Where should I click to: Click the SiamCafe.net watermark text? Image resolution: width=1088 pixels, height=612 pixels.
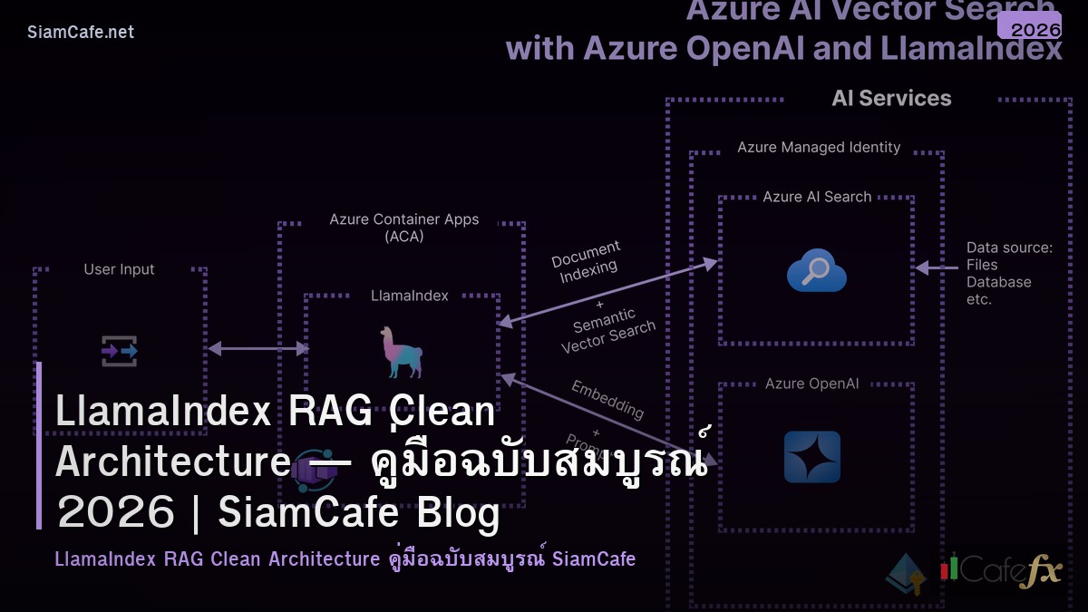[x=81, y=33]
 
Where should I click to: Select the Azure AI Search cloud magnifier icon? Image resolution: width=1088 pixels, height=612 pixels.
[x=816, y=270]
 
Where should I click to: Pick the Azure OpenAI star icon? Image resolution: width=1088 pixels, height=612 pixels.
[x=811, y=457]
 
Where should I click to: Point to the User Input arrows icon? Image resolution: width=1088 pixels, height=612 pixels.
[x=119, y=350]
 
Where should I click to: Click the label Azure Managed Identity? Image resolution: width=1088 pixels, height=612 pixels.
[x=819, y=147]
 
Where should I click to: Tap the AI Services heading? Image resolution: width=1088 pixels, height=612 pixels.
[x=891, y=99]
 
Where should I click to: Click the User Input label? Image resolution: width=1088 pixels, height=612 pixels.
[x=119, y=269]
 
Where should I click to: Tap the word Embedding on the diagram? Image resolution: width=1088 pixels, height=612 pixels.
[x=607, y=399]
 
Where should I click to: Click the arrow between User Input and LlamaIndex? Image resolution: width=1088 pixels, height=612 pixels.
[x=258, y=348]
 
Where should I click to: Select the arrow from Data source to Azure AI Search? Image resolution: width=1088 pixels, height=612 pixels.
[x=937, y=267]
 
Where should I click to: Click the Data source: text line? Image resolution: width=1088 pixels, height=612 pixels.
[x=1009, y=248]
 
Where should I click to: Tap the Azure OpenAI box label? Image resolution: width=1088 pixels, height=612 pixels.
[x=811, y=384]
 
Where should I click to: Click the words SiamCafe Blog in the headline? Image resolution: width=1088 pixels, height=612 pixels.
[x=359, y=513]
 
